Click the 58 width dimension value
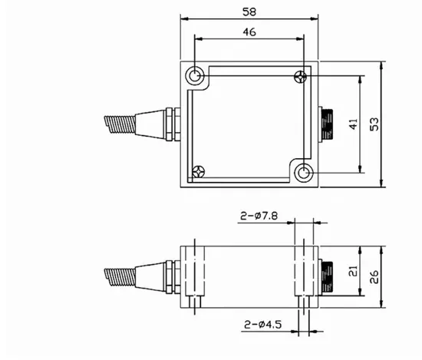coord(249,12)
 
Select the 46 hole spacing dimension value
coord(249,32)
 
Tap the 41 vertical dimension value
coord(354,124)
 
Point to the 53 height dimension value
coord(374,124)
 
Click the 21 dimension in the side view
coord(353,271)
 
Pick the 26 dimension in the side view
coord(374,277)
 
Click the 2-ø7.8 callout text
coord(259,216)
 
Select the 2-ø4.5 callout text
coord(262,325)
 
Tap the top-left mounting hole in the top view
coord(195,76)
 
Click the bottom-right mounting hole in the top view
coord(304,173)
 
